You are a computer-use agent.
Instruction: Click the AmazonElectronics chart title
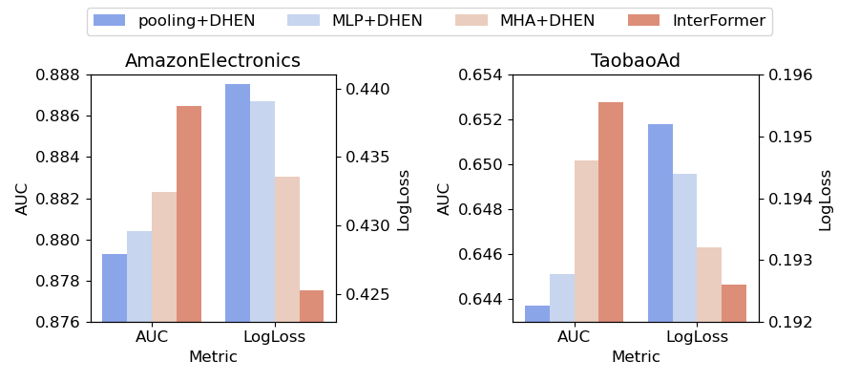pos(213,61)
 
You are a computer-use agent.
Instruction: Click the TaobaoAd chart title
pos(636,61)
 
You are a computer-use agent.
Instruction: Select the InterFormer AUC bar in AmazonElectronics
pos(189,214)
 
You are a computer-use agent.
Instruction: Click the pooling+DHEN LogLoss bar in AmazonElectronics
pos(238,202)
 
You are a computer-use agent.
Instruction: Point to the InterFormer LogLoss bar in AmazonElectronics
pos(311,306)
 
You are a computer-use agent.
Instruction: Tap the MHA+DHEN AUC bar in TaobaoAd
pos(587,241)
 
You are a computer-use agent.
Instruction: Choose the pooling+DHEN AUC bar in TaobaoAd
pos(537,313)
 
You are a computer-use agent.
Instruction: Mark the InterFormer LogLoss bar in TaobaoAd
pos(734,303)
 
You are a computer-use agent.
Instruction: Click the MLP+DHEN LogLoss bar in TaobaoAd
pos(684,247)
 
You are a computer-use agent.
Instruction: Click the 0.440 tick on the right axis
pos(363,89)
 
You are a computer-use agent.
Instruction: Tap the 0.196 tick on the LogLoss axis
pos(785,74)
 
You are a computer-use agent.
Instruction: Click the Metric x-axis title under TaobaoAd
pos(636,357)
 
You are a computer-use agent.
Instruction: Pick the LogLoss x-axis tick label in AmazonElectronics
pos(275,337)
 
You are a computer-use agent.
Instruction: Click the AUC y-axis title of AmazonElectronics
pos(23,198)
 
